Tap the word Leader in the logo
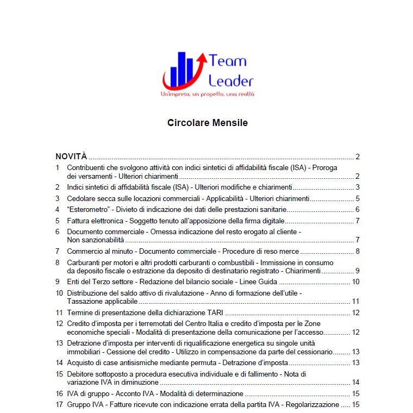(x=231, y=81)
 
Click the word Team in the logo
(x=228, y=61)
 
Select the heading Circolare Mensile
(x=207, y=123)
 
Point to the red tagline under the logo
(x=207, y=94)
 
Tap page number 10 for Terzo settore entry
(x=356, y=281)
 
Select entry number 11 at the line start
(x=59, y=312)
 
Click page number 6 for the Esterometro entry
(x=358, y=210)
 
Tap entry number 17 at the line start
(x=59, y=404)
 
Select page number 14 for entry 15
(x=356, y=382)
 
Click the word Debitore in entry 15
(x=83, y=374)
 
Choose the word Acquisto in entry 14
(x=82, y=362)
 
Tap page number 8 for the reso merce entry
(x=358, y=251)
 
